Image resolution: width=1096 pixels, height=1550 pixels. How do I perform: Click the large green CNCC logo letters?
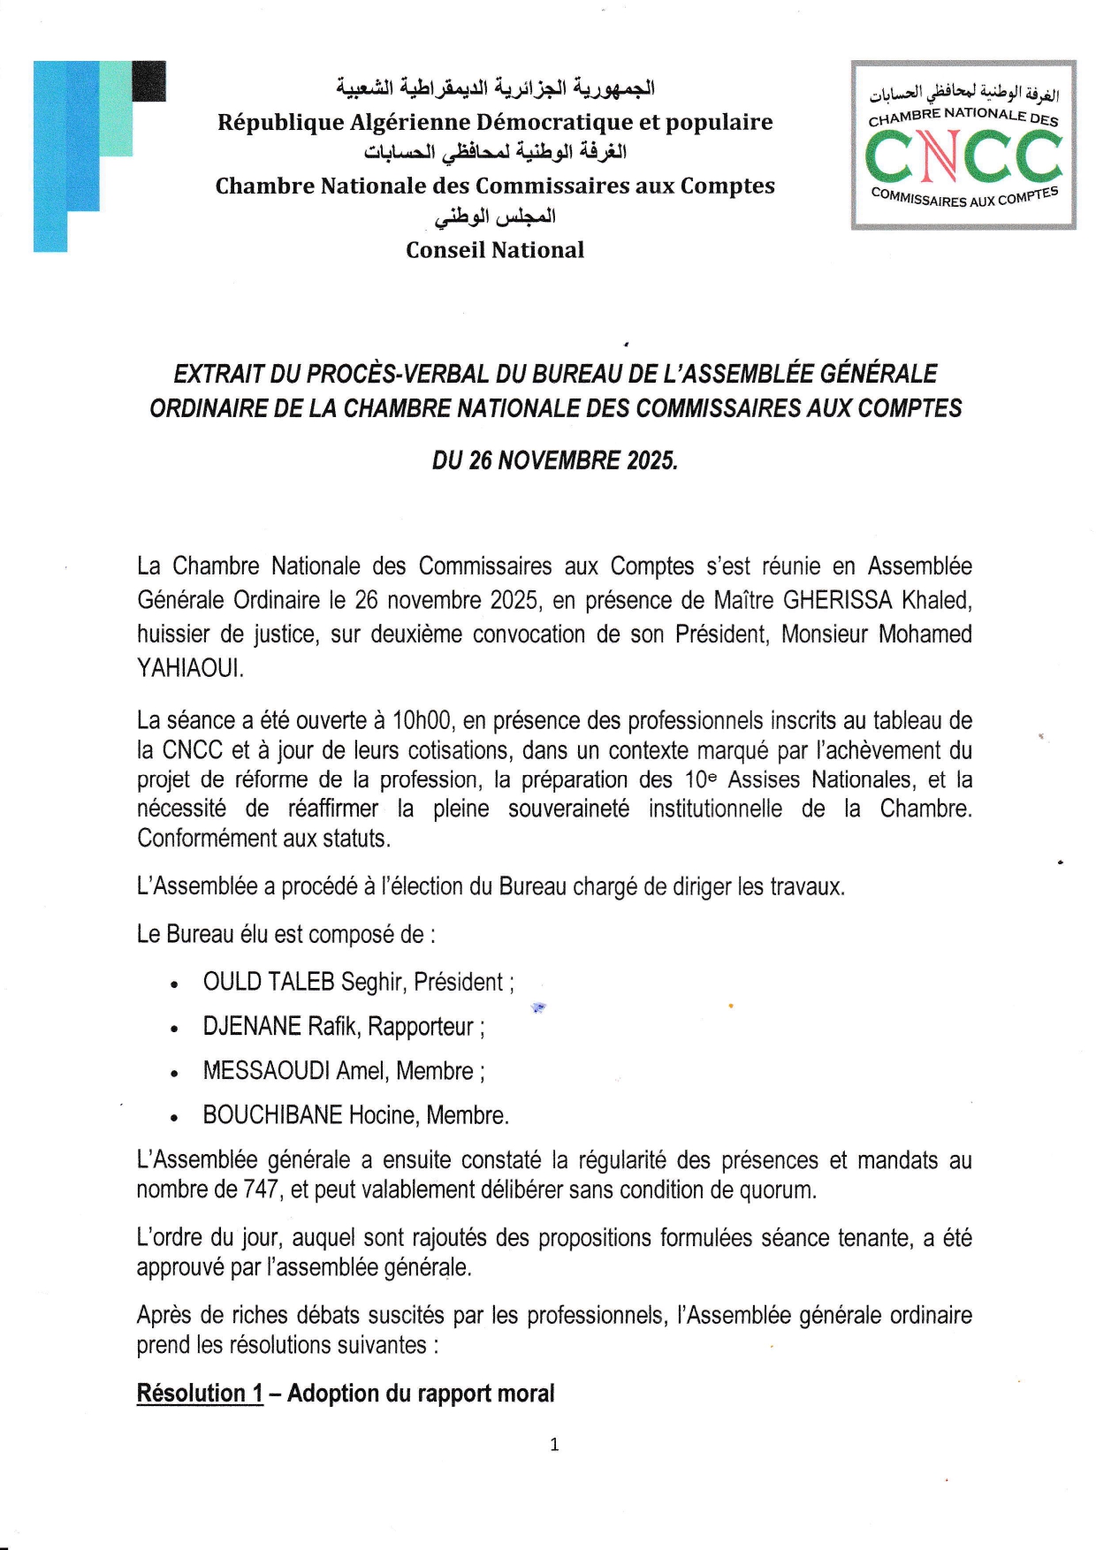tap(963, 157)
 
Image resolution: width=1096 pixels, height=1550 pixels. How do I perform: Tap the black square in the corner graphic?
tap(148, 81)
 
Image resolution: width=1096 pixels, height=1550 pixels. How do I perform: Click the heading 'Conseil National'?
tap(495, 250)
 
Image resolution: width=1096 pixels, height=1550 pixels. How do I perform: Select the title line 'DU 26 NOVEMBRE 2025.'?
tap(554, 460)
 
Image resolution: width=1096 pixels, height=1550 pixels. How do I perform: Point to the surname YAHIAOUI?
tap(189, 669)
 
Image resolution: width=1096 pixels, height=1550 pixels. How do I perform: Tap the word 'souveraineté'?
tap(568, 809)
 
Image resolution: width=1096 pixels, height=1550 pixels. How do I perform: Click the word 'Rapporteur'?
tap(422, 1027)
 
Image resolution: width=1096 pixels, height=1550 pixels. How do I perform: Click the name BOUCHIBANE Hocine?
tap(310, 1115)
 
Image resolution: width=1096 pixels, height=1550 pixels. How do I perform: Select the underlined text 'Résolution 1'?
tap(200, 1394)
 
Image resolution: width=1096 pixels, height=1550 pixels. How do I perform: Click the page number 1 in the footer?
tap(554, 1445)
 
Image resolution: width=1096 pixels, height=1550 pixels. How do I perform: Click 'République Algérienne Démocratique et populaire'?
tap(495, 122)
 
